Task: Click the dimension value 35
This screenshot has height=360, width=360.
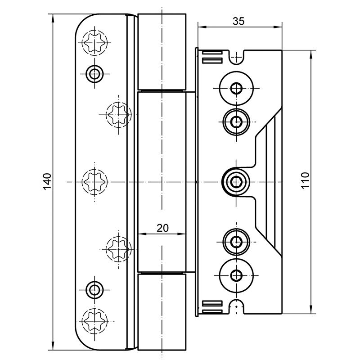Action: (238, 21)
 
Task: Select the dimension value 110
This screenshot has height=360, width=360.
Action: (305, 181)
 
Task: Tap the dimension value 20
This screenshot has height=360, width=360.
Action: (162, 228)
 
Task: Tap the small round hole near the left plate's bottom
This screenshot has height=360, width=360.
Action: (94, 289)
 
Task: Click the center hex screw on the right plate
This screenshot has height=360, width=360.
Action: (235, 181)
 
